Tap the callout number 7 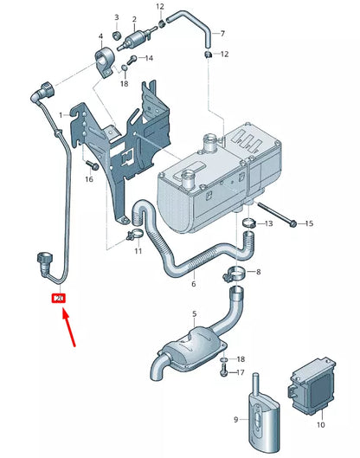tap(222, 34)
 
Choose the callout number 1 tap(61, 115)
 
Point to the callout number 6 tap(194, 283)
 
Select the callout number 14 tap(148, 59)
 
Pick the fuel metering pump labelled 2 tap(135, 40)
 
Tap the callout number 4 tap(100, 36)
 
